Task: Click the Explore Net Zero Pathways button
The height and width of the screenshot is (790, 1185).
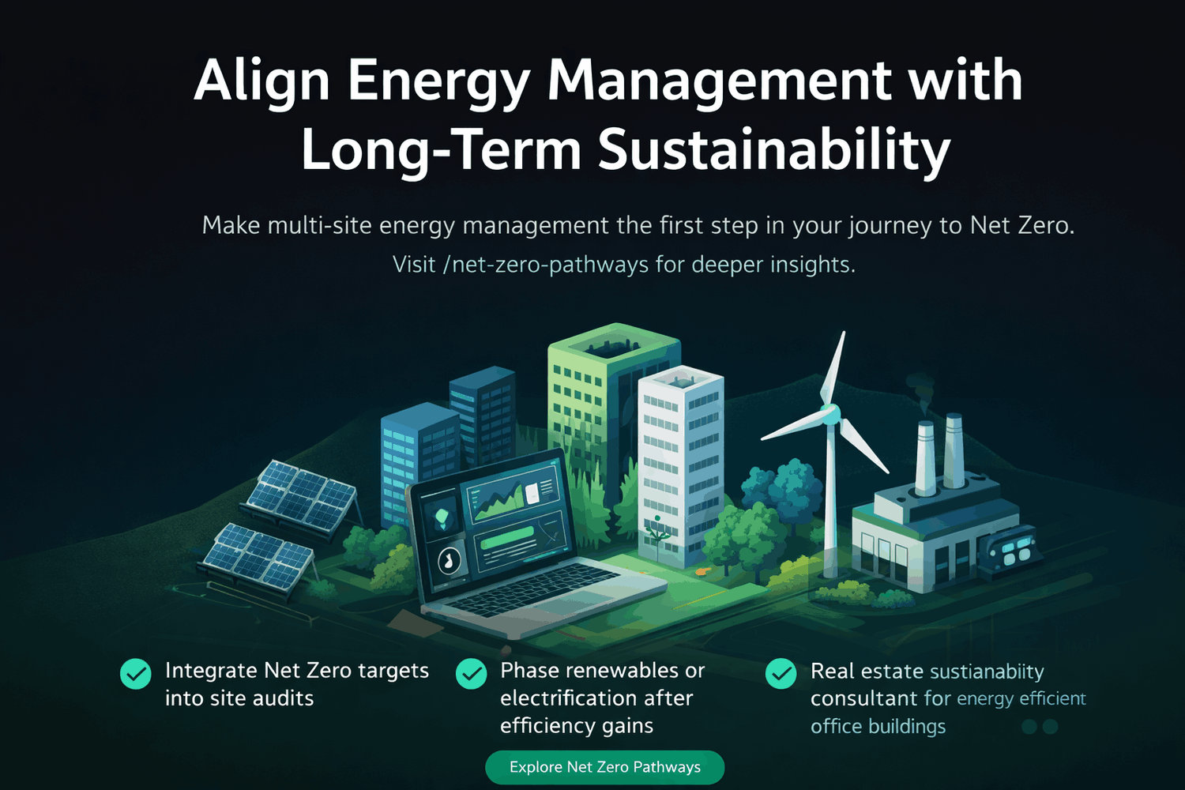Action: click(604, 767)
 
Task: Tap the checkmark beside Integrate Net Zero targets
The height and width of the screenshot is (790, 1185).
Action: click(135, 674)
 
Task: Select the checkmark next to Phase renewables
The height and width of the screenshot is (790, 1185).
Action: click(472, 674)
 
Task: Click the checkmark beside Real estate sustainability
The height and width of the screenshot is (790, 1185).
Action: click(781, 674)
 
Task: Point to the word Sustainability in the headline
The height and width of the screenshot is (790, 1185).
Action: click(773, 149)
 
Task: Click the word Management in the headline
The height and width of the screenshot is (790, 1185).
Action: click(719, 81)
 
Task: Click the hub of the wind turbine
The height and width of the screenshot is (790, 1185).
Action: click(830, 413)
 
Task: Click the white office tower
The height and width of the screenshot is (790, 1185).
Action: click(680, 458)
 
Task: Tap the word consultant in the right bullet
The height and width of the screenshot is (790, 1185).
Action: click(863, 699)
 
